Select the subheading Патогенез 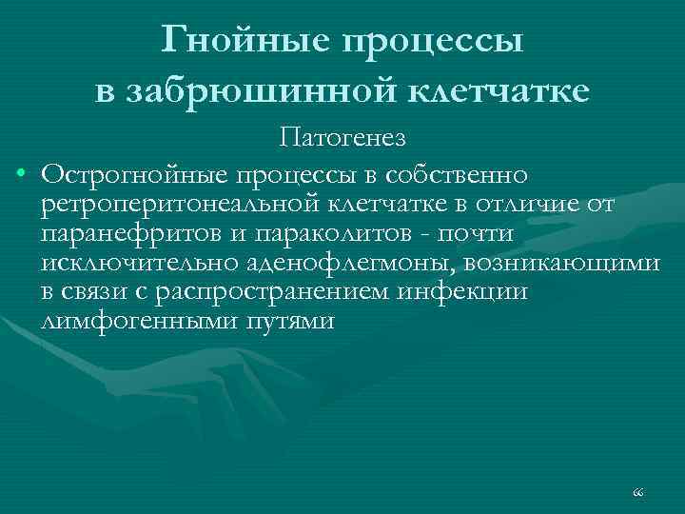(x=342, y=139)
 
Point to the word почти (x=482, y=233)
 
